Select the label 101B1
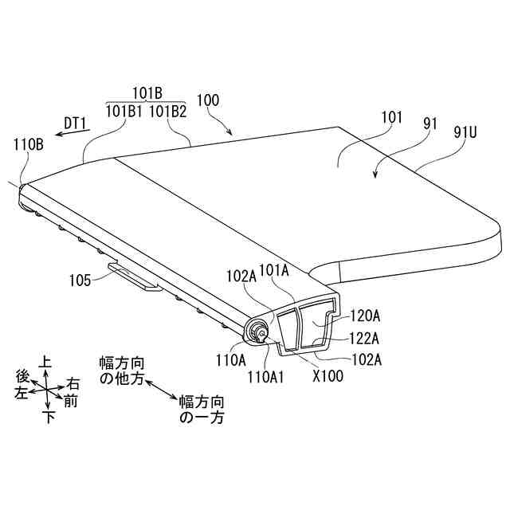click(124, 112)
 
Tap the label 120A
click(365, 316)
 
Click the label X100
click(328, 376)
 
